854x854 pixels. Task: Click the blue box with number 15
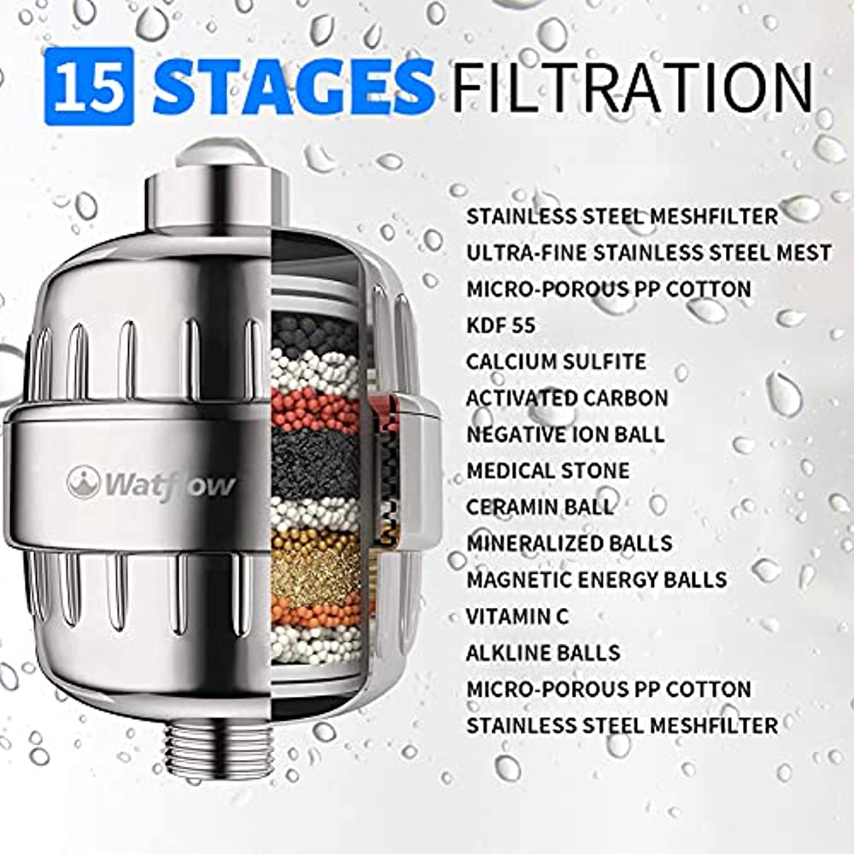[x=89, y=86]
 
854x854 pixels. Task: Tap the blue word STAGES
[x=294, y=87]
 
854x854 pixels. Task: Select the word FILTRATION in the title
[x=632, y=87]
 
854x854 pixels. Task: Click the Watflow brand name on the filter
[x=151, y=484]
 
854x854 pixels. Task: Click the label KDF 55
[x=500, y=325]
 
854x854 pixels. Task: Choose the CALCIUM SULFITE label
[x=556, y=361]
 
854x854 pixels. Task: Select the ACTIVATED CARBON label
[x=567, y=398]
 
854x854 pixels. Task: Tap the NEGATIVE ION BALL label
[x=565, y=435]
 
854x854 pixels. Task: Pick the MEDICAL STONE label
[x=548, y=471]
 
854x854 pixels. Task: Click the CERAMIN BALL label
[x=540, y=507]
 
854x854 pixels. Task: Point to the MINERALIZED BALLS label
[x=569, y=543]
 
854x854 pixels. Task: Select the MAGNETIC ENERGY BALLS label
[x=596, y=580]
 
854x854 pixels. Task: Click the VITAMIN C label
[x=518, y=617]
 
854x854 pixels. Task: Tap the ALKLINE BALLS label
[x=543, y=652]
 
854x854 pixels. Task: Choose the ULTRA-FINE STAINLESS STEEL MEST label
[x=649, y=253]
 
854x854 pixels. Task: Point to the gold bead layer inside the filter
[x=315, y=566]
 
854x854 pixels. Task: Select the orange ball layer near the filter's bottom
[x=316, y=612]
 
